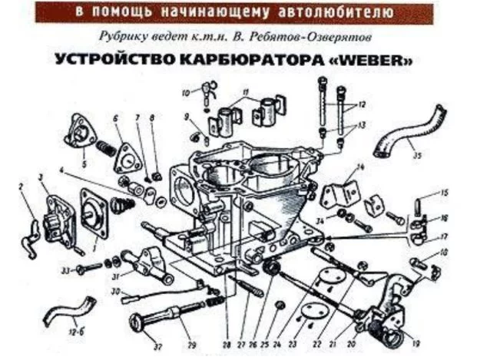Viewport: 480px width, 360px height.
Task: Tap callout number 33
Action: click(67, 270)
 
